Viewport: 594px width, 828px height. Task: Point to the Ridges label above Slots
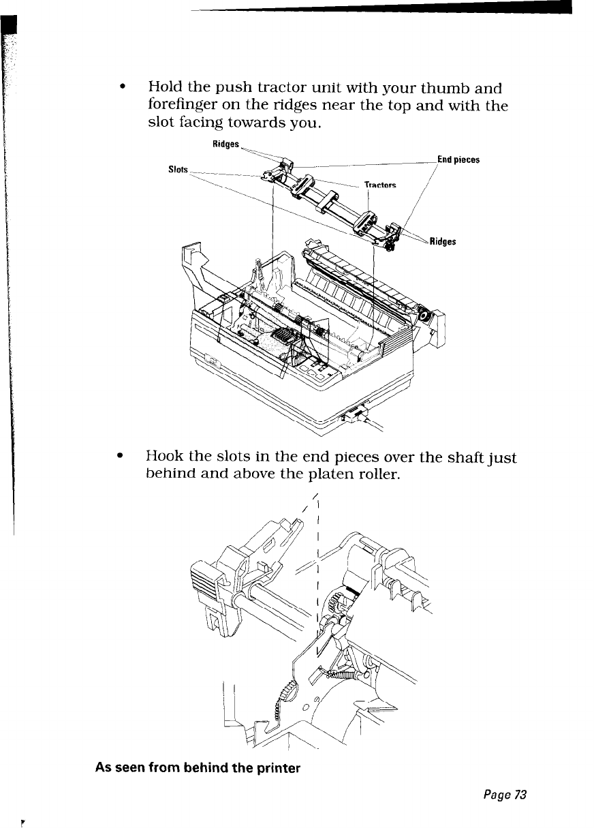point(226,145)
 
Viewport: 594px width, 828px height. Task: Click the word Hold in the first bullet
point(164,89)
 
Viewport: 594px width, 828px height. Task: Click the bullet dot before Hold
point(121,89)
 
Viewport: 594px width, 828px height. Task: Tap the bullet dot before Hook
point(121,459)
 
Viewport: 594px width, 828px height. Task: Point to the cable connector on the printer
point(356,414)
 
